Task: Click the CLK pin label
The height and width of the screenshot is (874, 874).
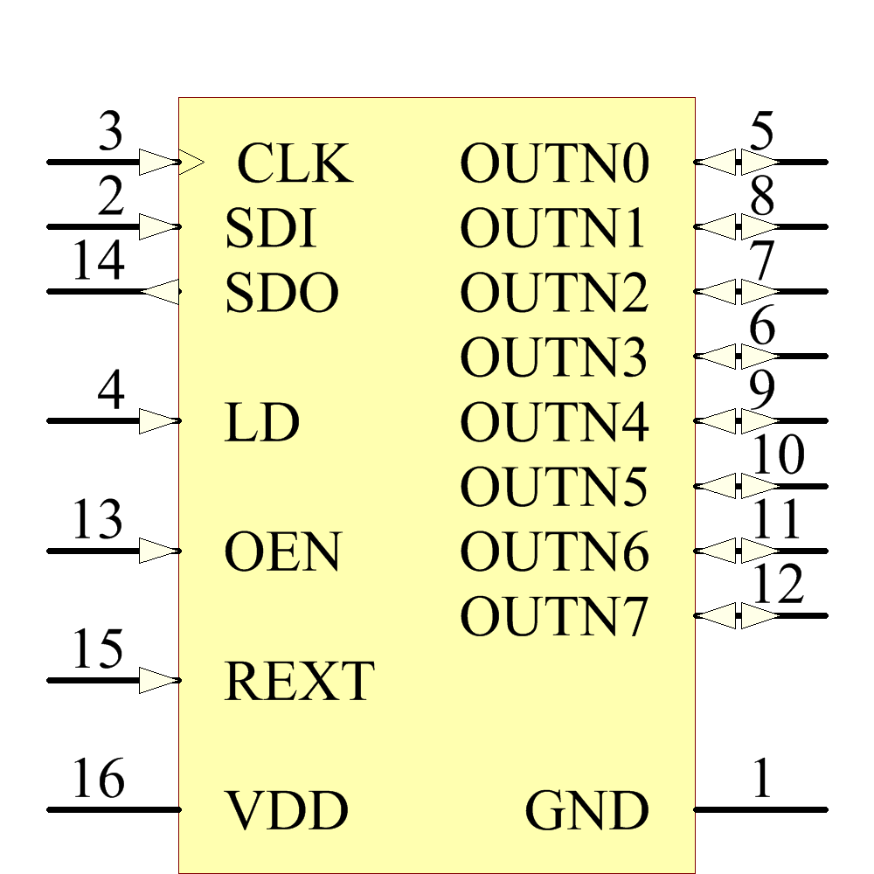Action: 295,163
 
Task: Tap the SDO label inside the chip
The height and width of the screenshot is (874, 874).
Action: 281,294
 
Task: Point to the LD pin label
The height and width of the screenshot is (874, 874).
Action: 262,423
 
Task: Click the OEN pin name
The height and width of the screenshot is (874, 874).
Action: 282,552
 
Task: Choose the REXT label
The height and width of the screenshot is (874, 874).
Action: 300,682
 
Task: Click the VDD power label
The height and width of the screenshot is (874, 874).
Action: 288,811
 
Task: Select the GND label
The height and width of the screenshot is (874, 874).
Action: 586,811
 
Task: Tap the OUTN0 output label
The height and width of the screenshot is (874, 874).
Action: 555,163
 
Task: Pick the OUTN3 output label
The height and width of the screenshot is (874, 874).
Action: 555,357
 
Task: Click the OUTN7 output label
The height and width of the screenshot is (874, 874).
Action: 555,617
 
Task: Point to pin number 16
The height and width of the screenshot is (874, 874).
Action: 98,779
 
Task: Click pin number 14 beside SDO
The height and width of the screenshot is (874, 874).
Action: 98,261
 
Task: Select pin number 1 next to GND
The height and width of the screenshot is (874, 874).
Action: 762,779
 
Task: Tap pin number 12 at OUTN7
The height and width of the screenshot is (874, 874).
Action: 777,585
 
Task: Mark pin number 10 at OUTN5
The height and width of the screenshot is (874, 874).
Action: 777,455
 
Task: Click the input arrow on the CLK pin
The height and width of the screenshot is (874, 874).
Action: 160,162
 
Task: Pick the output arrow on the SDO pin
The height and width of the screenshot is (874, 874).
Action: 160,291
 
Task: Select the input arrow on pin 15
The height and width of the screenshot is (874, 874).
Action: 160,680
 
